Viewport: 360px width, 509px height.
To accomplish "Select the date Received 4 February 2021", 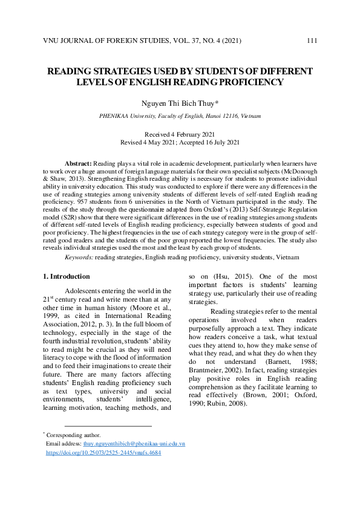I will click(180, 134).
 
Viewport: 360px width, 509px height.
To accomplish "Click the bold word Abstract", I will click(78, 164).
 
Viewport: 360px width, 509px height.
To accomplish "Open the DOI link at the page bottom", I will click(103, 452).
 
